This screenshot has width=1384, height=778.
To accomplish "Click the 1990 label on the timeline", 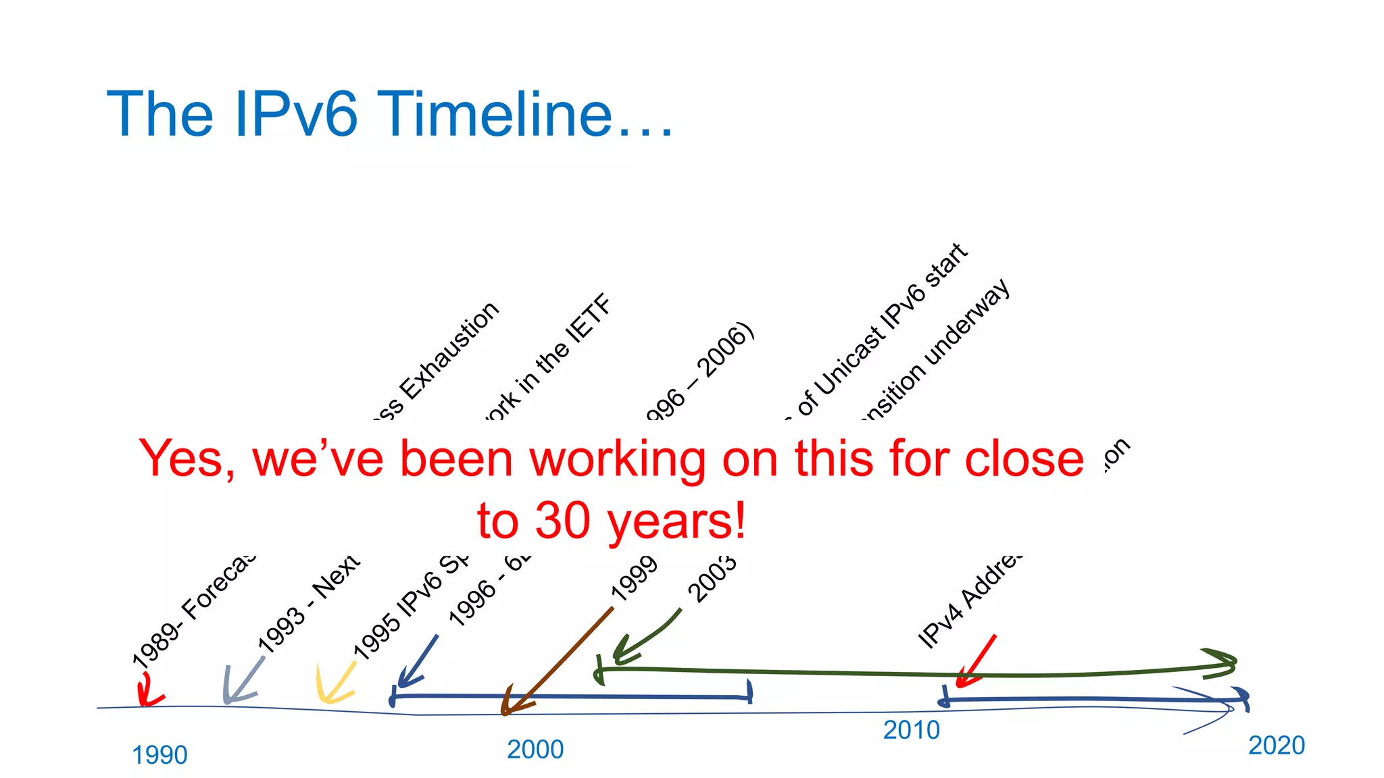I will (159, 755).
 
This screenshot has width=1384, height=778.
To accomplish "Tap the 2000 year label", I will (535, 750).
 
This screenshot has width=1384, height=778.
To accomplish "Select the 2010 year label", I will (912, 730).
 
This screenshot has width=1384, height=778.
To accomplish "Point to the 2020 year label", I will (1277, 746).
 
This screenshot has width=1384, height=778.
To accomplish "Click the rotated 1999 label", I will (633, 579).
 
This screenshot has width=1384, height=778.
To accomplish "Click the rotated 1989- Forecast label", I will (193, 612).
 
